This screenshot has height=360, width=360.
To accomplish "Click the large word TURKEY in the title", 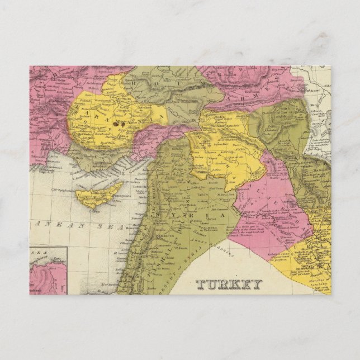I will point(229,284).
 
